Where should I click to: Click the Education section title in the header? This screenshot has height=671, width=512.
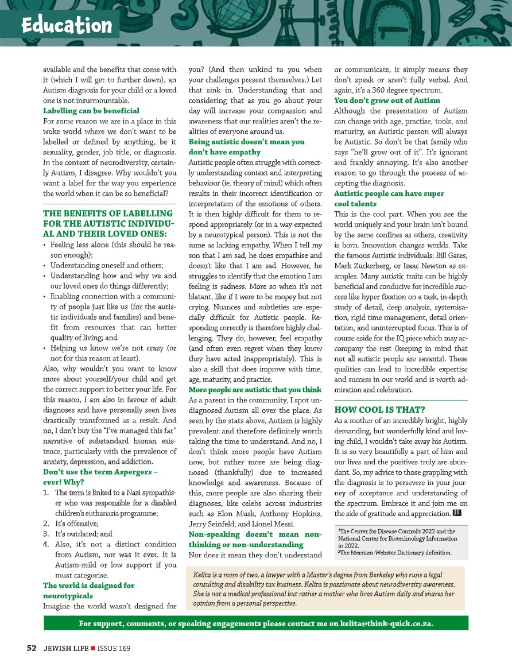tap(66, 25)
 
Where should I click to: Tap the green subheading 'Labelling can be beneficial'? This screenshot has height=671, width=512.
tap(91, 110)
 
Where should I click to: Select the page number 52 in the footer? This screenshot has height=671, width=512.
tap(32, 648)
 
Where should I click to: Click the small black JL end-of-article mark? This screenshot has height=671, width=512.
tap(457, 513)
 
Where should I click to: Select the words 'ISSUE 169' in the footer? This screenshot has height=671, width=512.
tap(113, 648)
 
